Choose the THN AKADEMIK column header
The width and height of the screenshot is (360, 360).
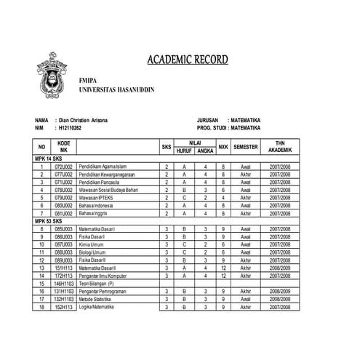(x=280, y=146)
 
